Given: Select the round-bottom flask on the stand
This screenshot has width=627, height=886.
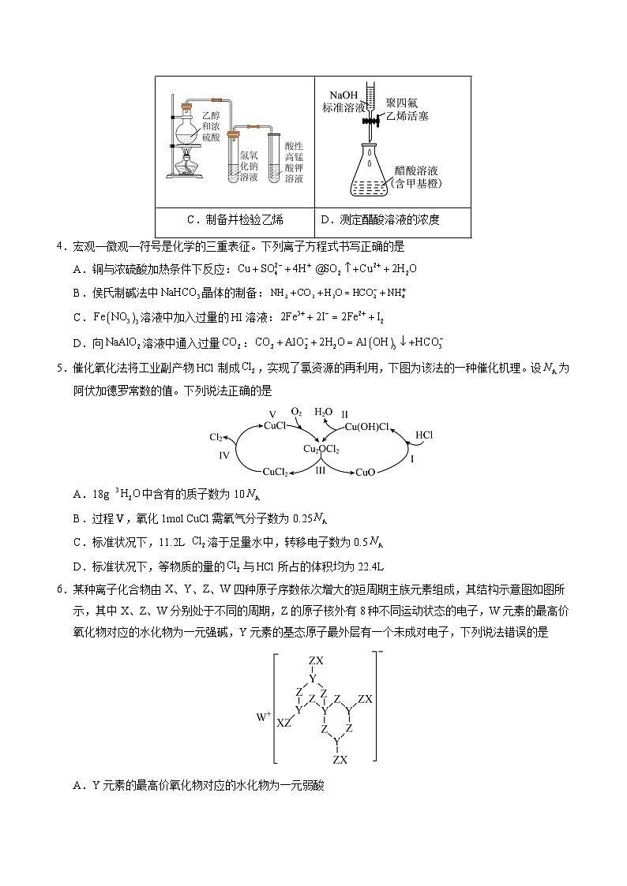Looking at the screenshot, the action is coord(190,125).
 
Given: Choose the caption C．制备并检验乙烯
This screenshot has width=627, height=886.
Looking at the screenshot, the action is coord(235,219).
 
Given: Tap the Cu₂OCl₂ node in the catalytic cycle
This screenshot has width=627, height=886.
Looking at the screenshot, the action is coord(321,449).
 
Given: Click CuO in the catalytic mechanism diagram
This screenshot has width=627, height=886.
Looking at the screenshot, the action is coord(365,472).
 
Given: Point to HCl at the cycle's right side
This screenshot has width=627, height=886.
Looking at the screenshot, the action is coord(424,435).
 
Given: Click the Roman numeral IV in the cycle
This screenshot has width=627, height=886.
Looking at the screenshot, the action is coord(223,456).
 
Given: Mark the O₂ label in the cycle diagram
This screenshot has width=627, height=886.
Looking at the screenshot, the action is coord(297,412).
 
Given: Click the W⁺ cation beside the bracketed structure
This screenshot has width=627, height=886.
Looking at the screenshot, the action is coord(263,717).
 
